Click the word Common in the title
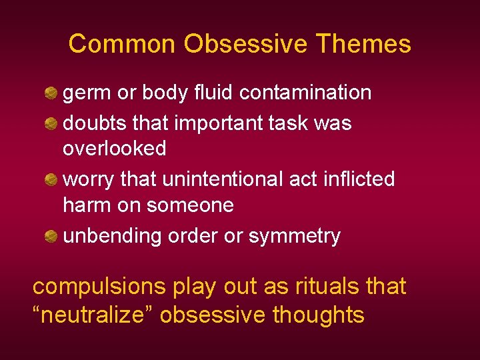click(x=123, y=44)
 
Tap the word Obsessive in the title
click(x=246, y=44)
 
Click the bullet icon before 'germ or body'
click(x=51, y=93)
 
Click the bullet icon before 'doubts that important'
click(x=51, y=123)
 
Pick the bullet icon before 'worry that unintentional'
click(x=51, y=179)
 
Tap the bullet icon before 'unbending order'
click(x=51, y=236)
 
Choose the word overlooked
click(x=114, y=149)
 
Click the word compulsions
click(x=99, y=287)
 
